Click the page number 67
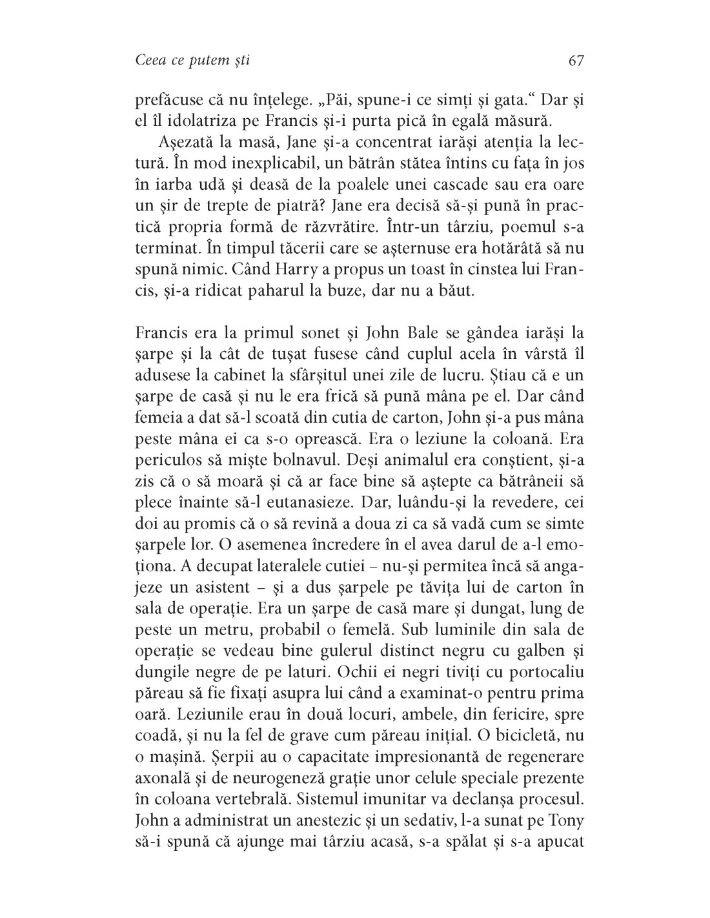coord(576,61)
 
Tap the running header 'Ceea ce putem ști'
coord(193,61)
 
